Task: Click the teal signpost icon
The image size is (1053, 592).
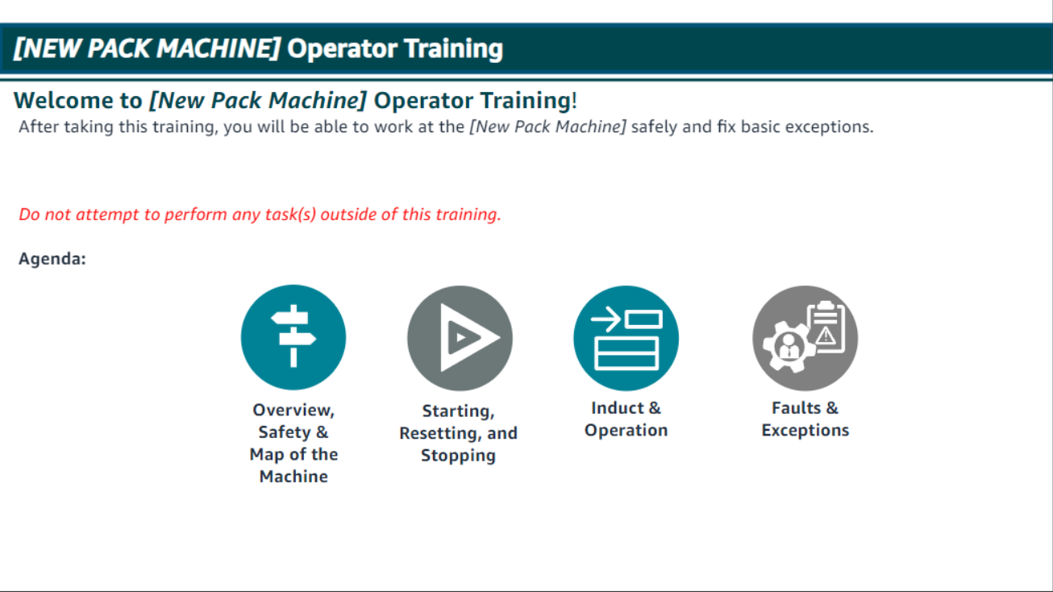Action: (x=293, y=337)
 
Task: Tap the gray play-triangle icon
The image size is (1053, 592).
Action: (x=460, y=338)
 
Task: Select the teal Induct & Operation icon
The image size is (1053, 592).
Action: (x=626, y=338)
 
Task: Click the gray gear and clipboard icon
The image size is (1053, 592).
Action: (x=805, y=338)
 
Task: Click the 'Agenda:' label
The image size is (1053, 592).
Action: (x=52, y=260)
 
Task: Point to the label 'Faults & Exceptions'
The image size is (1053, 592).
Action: (x=805, y=419)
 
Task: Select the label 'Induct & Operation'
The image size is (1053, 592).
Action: (x=626, y=419)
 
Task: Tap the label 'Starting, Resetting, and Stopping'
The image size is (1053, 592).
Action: (x=458, y=433)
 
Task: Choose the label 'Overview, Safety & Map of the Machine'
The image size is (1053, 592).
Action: (x=293, y=443)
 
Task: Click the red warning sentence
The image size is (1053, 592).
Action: (x=260, y=215)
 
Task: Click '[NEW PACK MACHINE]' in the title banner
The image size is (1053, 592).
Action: (x=147, y=48)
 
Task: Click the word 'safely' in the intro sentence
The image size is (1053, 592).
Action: (x=654, y=127)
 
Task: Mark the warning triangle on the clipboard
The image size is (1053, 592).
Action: (x=826, y=336)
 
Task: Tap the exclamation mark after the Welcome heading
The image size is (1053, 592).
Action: (x=574, y=101)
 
